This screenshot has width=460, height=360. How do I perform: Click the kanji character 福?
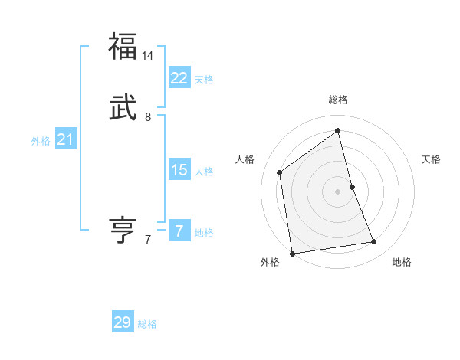coord(123,46)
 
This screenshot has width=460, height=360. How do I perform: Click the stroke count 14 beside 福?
coord(149,56)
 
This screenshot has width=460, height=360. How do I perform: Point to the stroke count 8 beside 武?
coord(148,117)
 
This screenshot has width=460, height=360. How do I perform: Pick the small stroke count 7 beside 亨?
coord(148,240)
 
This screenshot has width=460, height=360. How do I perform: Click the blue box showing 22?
coord(179,78)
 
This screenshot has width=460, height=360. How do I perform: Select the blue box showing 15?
coord(179,170)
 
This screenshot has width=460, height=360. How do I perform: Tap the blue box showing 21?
coord(66,139)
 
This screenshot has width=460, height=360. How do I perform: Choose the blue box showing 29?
coord(123,322)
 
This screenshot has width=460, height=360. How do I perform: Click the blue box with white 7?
coord(179,231)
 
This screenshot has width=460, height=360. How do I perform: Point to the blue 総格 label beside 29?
coord(147,324)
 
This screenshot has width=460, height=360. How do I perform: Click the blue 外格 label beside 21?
coord(41,141)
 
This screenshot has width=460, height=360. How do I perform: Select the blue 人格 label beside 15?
coord(204,172)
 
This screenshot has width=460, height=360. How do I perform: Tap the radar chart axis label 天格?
coord(431,159)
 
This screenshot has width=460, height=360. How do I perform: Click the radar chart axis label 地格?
coord(402,262)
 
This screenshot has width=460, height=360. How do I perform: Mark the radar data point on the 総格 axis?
coord(338,130)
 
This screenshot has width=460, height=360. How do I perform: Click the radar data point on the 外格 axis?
coord(292,253)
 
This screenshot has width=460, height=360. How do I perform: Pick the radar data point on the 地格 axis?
coord(374,242)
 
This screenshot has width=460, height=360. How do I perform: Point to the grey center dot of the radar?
coord(338,191)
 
